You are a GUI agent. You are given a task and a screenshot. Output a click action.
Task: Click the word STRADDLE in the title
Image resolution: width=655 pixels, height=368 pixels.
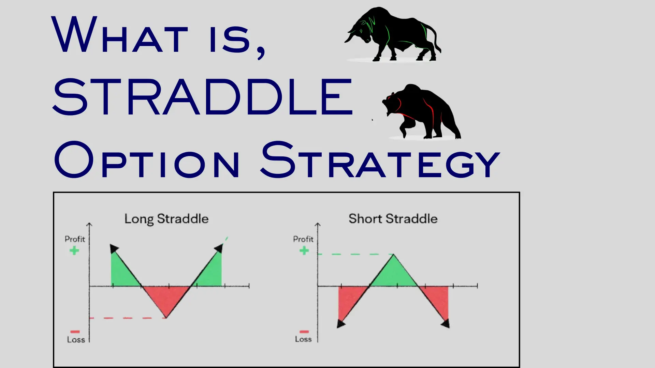203,97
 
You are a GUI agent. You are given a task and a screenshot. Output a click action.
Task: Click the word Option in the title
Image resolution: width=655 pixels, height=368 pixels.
147,160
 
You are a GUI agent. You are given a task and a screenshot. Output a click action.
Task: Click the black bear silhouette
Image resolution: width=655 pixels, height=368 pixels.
423,111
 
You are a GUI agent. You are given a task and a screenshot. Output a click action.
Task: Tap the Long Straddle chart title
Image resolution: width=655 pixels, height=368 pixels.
166,219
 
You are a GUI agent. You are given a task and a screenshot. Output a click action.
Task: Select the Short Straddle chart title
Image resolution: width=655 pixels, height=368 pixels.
393,219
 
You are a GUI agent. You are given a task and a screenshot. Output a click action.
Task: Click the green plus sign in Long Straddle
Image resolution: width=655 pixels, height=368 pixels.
74,251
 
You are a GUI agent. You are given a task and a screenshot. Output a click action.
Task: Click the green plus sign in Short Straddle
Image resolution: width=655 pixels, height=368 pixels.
304,251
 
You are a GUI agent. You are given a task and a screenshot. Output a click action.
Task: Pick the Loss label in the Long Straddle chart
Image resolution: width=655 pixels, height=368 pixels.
76,340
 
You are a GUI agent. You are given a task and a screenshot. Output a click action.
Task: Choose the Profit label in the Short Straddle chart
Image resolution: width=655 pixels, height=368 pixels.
303,239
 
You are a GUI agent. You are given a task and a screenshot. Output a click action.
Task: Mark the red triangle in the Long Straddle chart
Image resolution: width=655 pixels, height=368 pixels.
166,298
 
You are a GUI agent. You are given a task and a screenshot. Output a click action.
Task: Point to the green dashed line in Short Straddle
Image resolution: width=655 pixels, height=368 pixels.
355,254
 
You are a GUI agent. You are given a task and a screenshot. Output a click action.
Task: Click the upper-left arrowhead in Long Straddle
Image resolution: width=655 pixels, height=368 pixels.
114,248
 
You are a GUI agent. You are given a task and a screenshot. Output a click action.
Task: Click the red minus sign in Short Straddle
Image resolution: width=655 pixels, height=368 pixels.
304,332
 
